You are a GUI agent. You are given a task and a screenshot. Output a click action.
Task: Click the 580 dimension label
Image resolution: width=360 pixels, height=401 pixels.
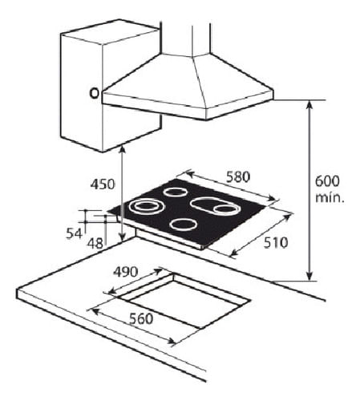pos(238,177)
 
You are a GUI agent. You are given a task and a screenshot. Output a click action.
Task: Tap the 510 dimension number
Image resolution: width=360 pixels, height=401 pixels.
pos(276,243)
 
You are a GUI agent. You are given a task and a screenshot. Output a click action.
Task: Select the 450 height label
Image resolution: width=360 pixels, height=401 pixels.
pos(103,184)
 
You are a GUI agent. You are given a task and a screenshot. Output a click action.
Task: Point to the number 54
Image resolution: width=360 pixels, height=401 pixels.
pos(74,234)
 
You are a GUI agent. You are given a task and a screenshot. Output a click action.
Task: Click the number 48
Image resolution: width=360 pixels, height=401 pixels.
pos(95,243)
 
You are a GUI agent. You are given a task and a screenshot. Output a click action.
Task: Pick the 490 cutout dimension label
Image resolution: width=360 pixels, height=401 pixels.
pos(126,272)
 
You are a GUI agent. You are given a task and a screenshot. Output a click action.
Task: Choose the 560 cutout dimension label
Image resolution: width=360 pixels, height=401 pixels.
pos(141,318)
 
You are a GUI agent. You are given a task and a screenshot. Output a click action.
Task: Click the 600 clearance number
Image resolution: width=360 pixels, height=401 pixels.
pos(327,181)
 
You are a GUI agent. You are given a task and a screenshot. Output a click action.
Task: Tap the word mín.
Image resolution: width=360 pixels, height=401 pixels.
pos(330,197)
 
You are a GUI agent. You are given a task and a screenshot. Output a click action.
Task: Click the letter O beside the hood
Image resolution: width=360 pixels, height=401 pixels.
pos(94,93)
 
